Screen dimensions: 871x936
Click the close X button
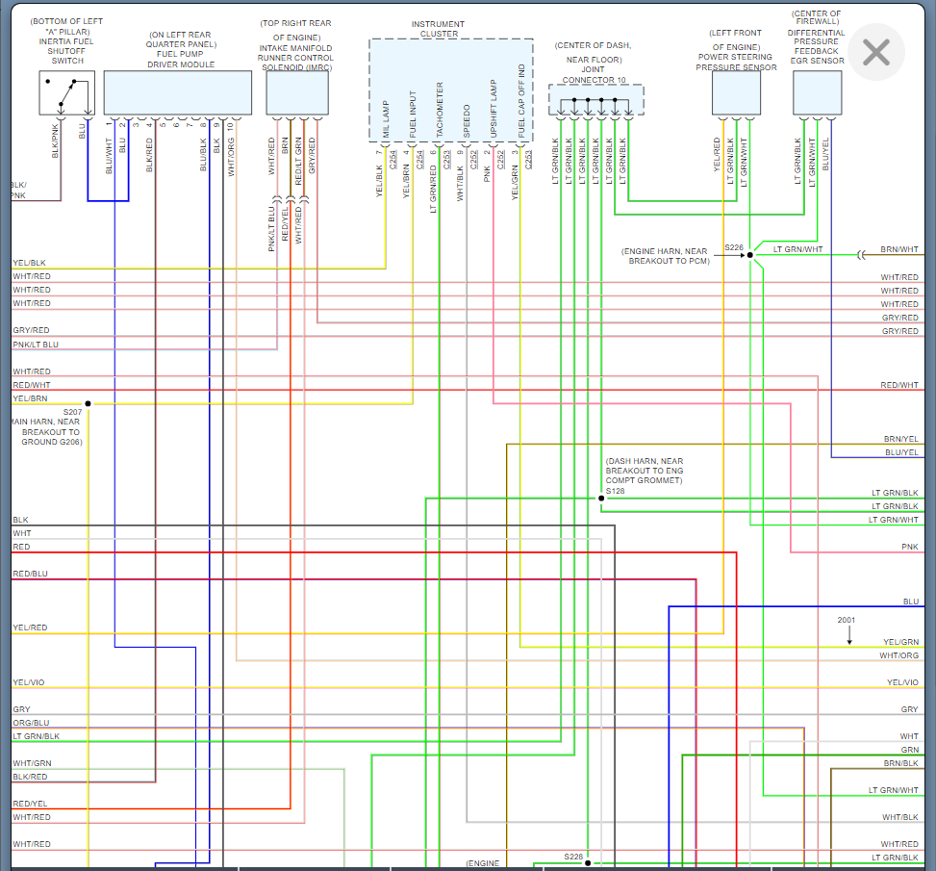(x=875, y=52)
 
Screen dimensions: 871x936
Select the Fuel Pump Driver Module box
(x=178, y=92)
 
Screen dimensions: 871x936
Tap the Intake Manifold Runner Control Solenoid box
(x=297, y=92)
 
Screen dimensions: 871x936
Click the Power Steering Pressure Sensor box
(x=736, y=92)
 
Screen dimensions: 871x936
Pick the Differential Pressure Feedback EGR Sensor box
(x=818, y=92)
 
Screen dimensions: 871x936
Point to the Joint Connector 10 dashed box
(x=596, y=99)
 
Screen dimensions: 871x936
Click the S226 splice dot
(x=750, y=256)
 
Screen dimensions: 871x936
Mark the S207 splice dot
(x=88, y=403)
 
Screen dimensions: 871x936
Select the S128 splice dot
(x=601, y=499)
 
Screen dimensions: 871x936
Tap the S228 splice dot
(x=588, y=863)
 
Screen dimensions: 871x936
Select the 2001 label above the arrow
(x=846, y=620)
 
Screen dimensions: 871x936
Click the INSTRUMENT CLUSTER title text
(x=437, y=29)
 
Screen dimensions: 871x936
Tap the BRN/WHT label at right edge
(x=900, y=249)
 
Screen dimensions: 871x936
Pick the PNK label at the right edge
(x=909, y=547)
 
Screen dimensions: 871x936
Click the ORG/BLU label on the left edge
(x=31, y=723)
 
